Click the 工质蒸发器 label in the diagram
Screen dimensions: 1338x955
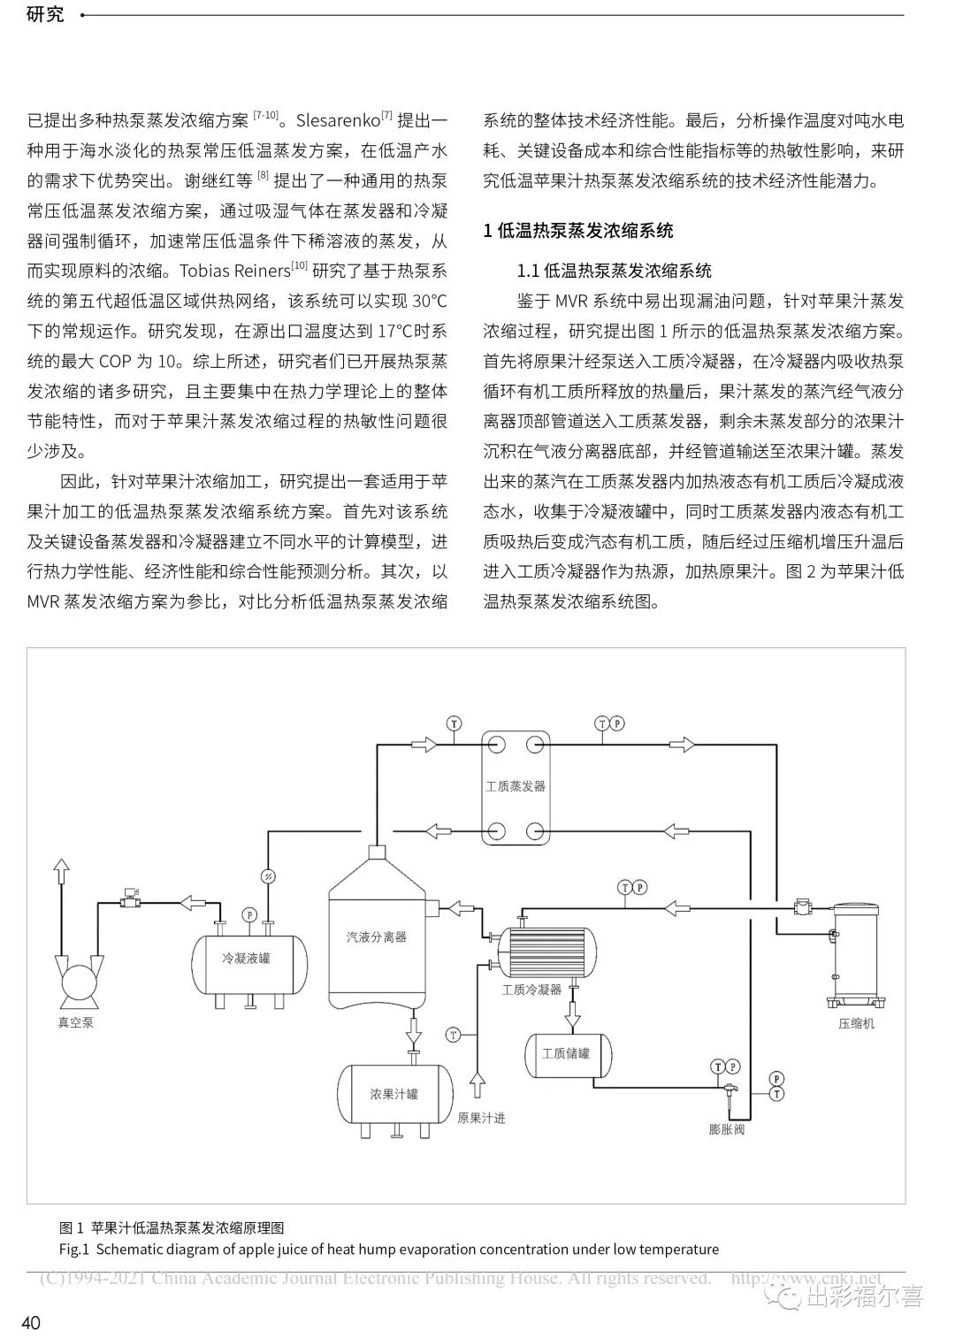516,786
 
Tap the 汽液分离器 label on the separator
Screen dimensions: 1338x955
377,937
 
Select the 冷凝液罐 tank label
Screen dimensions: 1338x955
246,959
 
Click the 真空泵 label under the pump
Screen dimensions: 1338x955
76,1022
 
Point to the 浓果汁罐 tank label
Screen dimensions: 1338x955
394,1094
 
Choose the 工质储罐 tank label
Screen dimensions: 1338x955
566,1053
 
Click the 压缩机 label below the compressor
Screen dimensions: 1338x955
856,1023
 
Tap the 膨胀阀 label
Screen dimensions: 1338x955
726,1129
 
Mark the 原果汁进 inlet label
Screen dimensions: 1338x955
481,1118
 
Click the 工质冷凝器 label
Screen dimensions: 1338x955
532,990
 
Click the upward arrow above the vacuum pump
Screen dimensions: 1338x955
60,871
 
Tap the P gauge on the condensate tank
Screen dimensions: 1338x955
249,914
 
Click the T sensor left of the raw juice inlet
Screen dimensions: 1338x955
453,1034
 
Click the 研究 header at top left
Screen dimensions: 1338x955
45,14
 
